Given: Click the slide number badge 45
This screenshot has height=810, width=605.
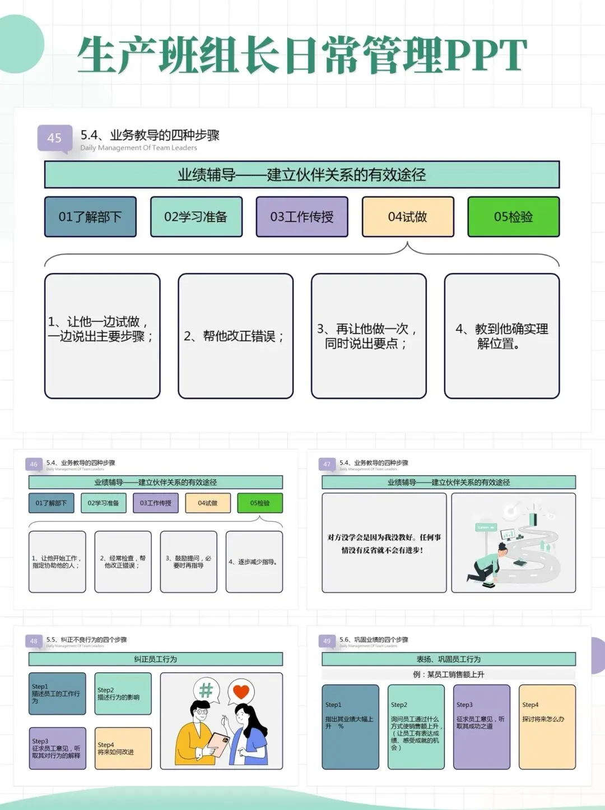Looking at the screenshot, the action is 54,138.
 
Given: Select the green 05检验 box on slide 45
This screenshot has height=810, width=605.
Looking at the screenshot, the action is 513,217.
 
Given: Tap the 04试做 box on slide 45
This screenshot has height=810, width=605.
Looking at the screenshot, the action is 407,217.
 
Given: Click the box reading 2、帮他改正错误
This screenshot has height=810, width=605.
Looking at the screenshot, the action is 235,336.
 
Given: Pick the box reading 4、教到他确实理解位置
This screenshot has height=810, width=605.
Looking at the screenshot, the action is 501,336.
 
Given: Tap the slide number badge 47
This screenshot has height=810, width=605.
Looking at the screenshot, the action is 327,464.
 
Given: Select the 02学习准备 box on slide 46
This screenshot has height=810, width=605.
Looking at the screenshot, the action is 103,503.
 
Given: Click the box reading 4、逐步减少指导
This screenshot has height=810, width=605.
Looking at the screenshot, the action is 254,562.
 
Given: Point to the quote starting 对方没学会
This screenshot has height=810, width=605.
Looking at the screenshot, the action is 384,543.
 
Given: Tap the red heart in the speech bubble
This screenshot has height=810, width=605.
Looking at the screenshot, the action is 241,691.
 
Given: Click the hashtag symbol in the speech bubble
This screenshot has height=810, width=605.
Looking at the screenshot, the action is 206,690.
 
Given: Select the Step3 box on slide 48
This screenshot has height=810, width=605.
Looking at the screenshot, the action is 57,748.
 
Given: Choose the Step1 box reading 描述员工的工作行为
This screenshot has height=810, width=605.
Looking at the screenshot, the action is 57,693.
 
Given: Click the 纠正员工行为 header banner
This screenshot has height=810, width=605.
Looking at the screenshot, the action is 155,659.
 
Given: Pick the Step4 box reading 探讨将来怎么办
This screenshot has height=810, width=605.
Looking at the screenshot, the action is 547,726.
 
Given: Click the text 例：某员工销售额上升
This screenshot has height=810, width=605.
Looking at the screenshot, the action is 448,674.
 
